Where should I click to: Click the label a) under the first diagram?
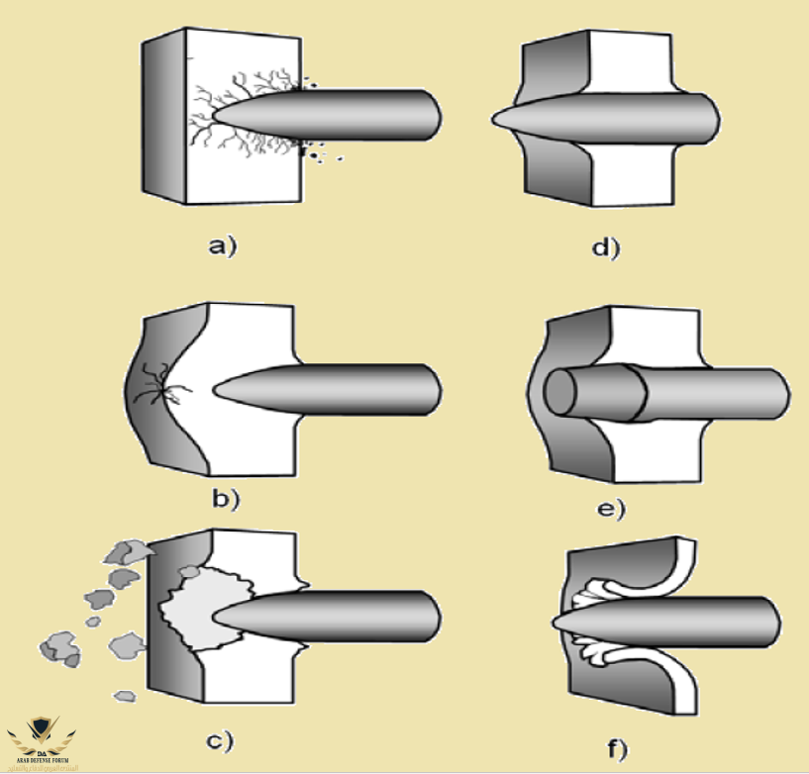point(223,246)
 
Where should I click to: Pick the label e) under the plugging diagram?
point(611,510)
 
